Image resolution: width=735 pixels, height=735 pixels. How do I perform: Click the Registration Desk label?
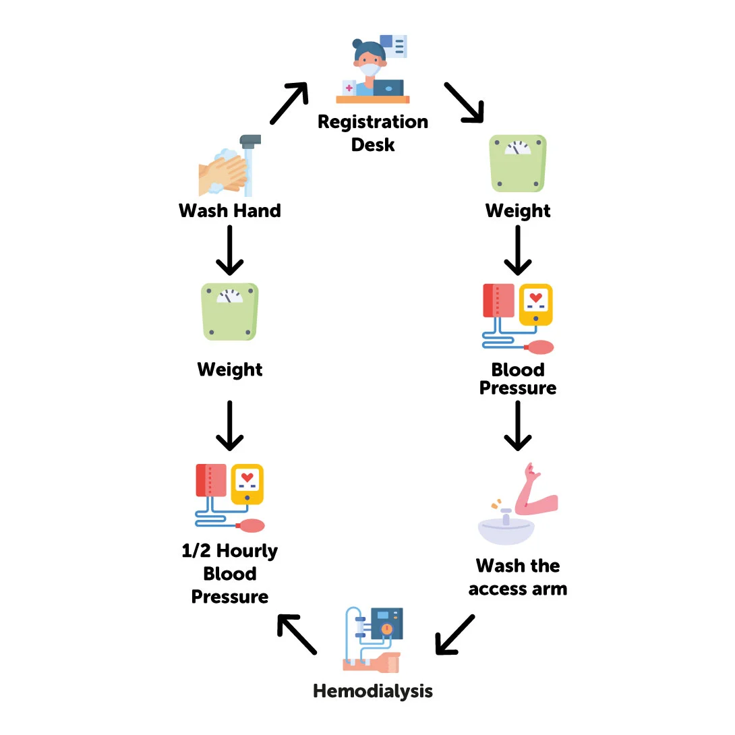click(373, 133)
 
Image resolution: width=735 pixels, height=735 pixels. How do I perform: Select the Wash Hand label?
click(230, 211)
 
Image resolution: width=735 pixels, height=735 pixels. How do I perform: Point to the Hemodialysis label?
click(373, 691)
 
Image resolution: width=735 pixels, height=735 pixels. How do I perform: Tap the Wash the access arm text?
click(518, 577)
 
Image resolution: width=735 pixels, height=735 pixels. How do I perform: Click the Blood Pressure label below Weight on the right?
click(518, 379)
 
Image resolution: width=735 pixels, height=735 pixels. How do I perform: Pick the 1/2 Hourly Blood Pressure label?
click(230, 574)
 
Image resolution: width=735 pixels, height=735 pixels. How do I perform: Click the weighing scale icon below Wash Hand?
click(230, 311)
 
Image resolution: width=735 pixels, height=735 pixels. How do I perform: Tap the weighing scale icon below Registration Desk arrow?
click(517, 164)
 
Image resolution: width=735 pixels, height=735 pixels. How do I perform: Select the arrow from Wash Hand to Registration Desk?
click(289, 103)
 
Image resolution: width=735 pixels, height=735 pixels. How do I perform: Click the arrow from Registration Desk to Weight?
click(464, 103)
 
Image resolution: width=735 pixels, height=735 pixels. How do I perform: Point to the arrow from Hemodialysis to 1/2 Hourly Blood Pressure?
click(297, 634)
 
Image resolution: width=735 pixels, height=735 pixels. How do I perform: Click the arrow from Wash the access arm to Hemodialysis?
click(455, 635)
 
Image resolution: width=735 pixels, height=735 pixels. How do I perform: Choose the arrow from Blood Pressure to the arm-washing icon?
click(517, 425)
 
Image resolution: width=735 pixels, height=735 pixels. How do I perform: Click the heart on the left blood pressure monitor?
click(247, 477)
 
